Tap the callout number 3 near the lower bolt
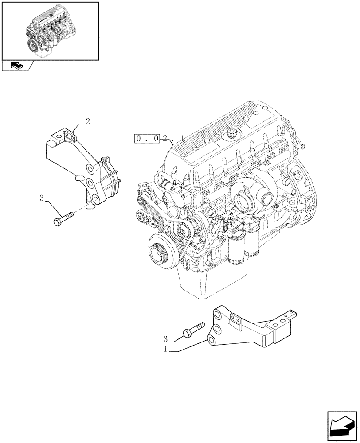[x=165, y=339]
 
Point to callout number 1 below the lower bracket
[x=165, y=349]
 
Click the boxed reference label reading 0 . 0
[x=146, y=139]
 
